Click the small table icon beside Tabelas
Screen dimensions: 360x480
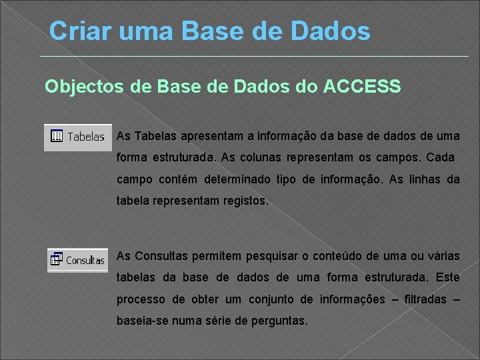click(57, 136)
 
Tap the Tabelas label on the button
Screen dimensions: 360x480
click(86, 137)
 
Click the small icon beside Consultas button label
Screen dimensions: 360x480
click(56, 259)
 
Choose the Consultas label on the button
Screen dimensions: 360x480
click(85, 261)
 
